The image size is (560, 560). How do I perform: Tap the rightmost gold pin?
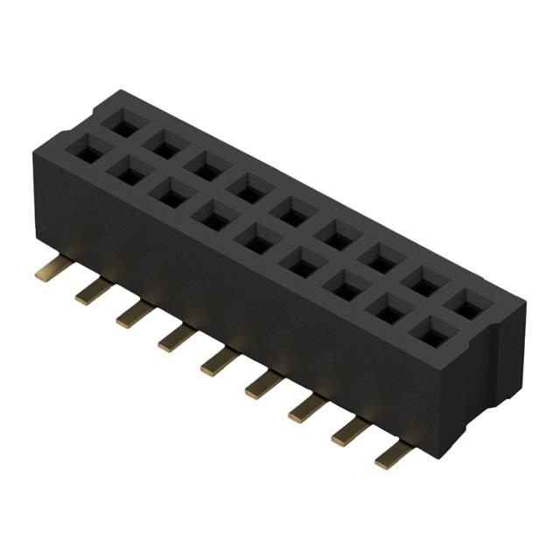[x=394, y=453]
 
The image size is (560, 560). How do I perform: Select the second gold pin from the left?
[x=93, y=290]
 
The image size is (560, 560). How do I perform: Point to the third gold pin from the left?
[x=135, y=313]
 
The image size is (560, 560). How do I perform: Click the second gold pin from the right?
[x=351, y=430]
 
